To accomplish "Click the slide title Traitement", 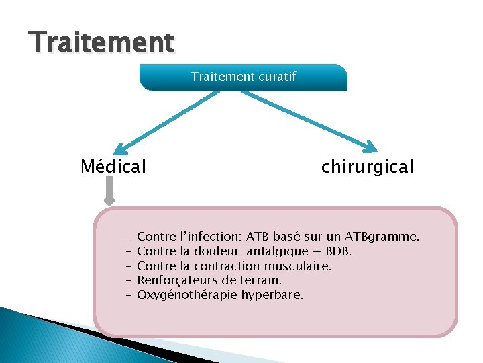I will (x=102, y=42).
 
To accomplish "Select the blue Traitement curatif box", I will (x=243, y=77).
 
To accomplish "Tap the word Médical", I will (x=113, y=166).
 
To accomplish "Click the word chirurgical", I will (x=367, y=166).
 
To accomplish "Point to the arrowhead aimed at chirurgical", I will (x=370, y=146).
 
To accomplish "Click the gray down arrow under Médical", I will (x=110, y=195).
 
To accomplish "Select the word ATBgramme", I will (x=382, y=237).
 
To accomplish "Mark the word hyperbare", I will (x=272, y=295).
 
